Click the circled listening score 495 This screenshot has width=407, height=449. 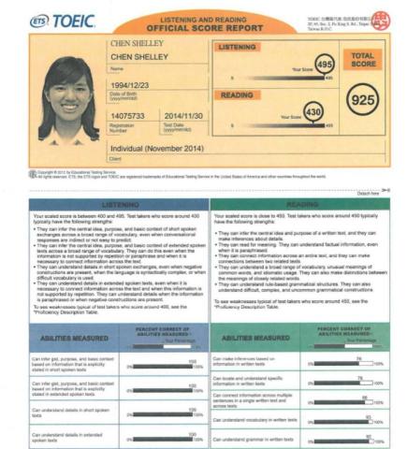pyautogui.click(x=323, y=65)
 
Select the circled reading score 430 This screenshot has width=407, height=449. pyautogui.click(x=315, y=113)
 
